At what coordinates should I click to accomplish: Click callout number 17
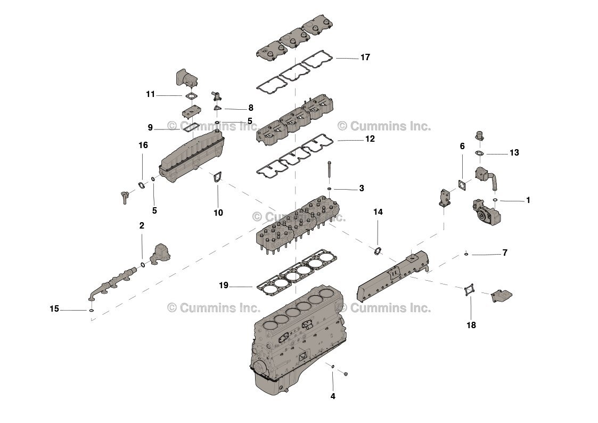[365, 57]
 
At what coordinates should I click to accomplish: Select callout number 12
[370, 139]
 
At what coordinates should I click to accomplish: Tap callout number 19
[224, 286]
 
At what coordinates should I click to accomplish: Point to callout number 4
[333, 396]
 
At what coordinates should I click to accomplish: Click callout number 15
[54, 308]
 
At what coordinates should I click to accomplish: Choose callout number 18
[471, 325]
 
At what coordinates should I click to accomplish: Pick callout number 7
[504, 253]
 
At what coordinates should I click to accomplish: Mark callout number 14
[378, 211]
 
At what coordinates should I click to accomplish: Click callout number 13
[514, 153]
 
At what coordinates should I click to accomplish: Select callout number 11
[150, 94]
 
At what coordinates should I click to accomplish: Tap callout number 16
[143, 145]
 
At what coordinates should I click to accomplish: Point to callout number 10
[218, 213]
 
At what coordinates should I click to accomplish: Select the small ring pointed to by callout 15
[92, 310]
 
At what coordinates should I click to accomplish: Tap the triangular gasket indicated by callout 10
[217, 178]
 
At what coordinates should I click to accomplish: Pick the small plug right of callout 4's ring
[346, 375]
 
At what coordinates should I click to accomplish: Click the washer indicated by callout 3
[330, 188]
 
